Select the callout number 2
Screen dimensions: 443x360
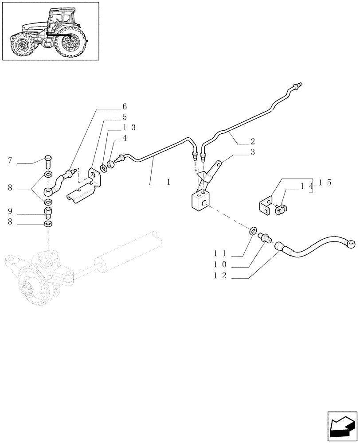click(252, 142)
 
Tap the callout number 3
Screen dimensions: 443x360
click(252, 152)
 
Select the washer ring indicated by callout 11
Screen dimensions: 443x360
click(253, 230)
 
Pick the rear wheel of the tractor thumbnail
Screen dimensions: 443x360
click(70, 43)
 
